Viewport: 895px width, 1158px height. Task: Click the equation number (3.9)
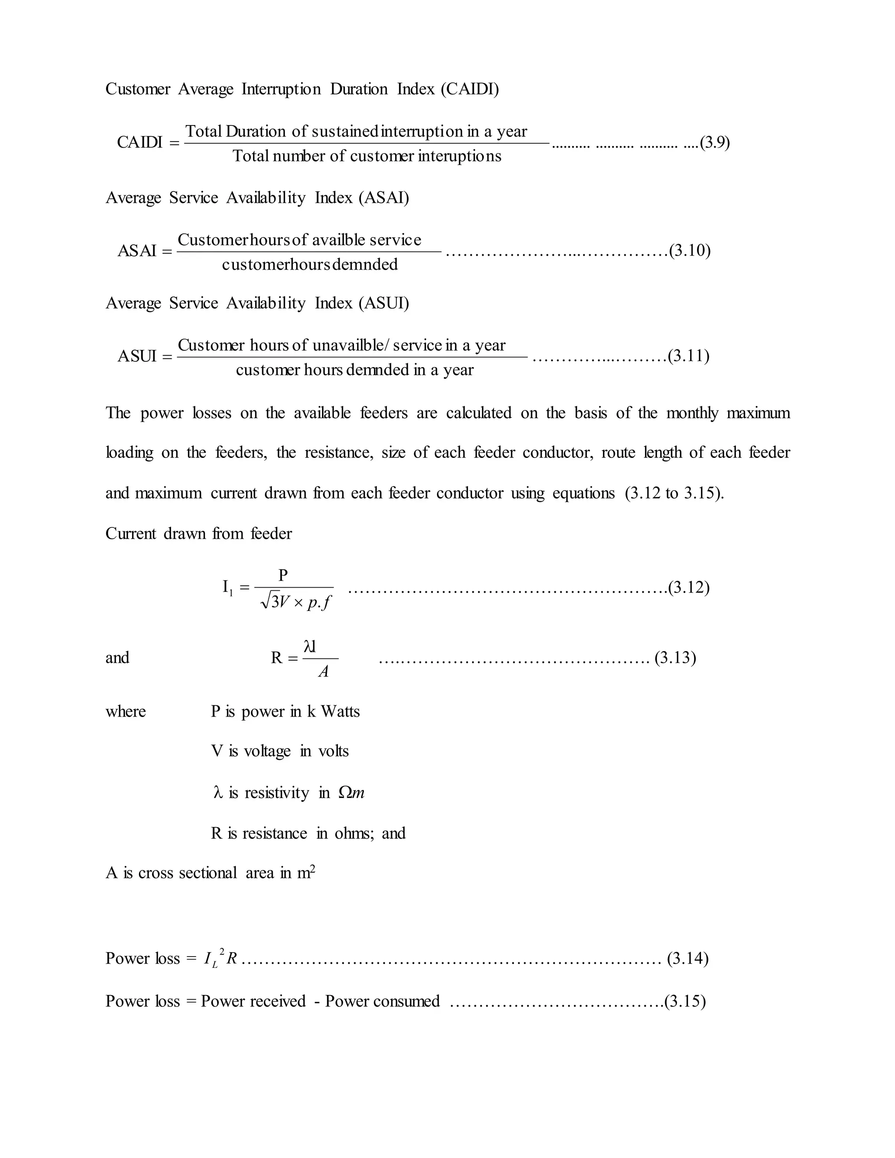[715, 142]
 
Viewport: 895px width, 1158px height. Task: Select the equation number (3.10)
[690, 250]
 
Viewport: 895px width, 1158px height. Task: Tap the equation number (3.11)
[689, 356]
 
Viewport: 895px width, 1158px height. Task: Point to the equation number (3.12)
[689, 587]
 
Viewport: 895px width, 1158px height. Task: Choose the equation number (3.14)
[688, 959]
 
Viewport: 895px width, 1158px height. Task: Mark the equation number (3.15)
[685, 1001]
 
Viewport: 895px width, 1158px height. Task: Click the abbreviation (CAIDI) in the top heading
[470, 89]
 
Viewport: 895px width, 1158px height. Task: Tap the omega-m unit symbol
[351, 793]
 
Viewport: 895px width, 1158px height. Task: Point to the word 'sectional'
[208, 873]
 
